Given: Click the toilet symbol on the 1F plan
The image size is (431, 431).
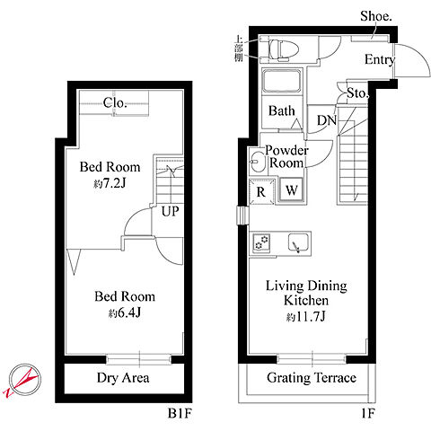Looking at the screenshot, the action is (283, 49).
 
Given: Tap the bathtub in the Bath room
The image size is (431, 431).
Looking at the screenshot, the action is (282, 81).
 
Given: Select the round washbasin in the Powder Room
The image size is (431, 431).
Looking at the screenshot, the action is (258, 162).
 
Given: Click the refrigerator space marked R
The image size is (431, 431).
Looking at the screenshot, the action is (261, 191).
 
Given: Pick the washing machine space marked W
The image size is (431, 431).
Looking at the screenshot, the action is (291, 189).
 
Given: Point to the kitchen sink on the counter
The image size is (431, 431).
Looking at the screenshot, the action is (298, 242).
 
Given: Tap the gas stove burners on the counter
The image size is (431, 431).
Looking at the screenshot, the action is (261, 242).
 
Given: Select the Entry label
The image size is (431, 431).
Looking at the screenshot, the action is (380, 59).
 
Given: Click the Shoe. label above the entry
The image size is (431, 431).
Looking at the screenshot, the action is (376, 16).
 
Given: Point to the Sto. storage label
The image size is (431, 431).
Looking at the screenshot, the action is (357, 93).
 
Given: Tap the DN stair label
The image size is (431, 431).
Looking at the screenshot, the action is (327, 120).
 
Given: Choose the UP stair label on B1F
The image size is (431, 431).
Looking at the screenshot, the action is (170, 211).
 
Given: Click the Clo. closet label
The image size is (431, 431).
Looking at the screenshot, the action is (115, 103).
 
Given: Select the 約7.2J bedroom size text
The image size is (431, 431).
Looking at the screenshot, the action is (110, 183).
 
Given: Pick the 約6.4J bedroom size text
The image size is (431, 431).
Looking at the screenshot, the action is (125, 312).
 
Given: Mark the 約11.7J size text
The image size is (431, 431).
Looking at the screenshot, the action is (305, 316).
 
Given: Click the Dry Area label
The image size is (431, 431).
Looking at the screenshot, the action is (123, 378).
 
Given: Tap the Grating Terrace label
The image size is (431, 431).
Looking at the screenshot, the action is (312, 378).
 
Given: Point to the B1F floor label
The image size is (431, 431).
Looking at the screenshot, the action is (180, 414).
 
